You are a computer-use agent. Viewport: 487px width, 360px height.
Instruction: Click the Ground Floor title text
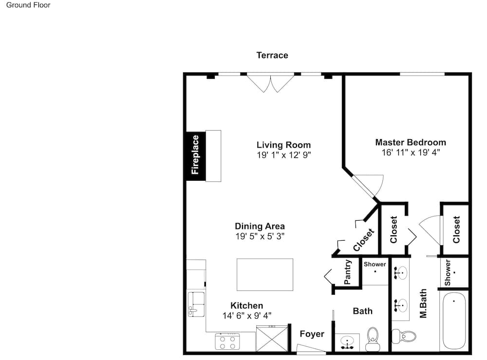click(28, 5)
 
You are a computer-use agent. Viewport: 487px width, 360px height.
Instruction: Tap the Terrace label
click(272, 55)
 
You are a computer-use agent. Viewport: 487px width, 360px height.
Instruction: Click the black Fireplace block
click(196, 156)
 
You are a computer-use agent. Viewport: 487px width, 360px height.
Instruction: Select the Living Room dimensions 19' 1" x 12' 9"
click(283, 155)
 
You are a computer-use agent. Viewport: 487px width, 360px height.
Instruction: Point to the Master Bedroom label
click(411, 142)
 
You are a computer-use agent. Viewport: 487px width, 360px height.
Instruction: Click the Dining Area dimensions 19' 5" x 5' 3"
click(260, 236)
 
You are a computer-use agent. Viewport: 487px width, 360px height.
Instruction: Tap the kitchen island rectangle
click(265, 275)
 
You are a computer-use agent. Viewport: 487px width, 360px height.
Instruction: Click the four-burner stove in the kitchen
click(227, 341)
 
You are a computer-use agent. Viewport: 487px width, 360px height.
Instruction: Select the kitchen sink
click(196, 304)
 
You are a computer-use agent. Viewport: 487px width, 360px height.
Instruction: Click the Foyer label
click(312, 334)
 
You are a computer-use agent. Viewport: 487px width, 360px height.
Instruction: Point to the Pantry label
click(348, 272)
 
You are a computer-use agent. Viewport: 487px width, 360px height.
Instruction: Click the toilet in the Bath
click(373, 339)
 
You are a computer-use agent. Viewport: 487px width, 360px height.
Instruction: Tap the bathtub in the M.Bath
click(454, 320)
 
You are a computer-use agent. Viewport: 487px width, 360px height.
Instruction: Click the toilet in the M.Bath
click(404, 336)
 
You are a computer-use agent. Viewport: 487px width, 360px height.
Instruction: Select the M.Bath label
click(423, 303)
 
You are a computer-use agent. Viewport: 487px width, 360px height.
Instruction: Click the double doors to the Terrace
click(270, 84)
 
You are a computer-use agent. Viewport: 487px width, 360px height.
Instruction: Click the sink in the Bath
click(347, 342)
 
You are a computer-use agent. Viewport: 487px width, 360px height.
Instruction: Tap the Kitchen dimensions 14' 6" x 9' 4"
click(247, 316)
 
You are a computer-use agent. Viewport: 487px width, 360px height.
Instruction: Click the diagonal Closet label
click(364, 240)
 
